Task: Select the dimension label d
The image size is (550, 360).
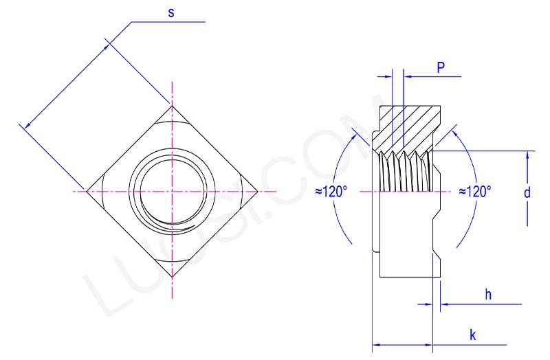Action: (x=527, y=193)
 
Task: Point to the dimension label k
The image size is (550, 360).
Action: (x=473, y=335)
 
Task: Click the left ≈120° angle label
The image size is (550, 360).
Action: (x=332, y=192)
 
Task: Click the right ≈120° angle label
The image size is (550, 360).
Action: (x=475, y=192)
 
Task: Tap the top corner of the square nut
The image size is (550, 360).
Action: (x=172, y=104)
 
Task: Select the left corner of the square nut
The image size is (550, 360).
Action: (x=85, y=190)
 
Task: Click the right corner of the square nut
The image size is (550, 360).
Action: (x=258, y=190)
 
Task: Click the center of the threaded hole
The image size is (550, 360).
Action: (x=172, y=190)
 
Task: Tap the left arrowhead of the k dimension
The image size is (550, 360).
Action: (x=376, y=344)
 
